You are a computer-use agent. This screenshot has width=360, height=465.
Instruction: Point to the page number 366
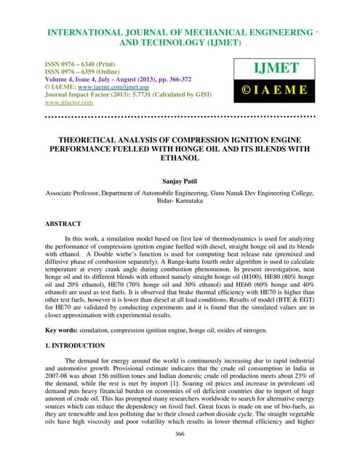pyautogui.click(x=180, y=453)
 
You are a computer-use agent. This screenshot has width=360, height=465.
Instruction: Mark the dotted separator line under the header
pyautogui.click(x=180, y=115)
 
